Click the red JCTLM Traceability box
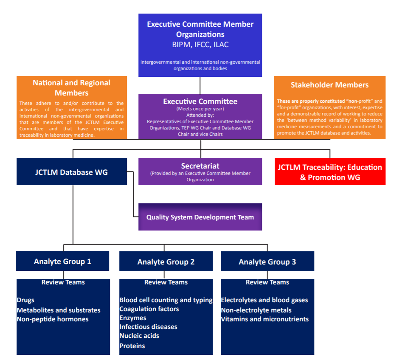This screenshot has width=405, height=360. pyautogui.click(x=330, y=172)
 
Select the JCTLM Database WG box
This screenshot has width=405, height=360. pyautogui.click(x=71, y=172)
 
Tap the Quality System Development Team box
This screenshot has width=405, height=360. pyautogui.click(x=200, y=217)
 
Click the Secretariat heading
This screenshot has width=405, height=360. pyautogui.click(x=200, y=166)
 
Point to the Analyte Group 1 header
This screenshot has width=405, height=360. pyautogui.click(x=62, y=261)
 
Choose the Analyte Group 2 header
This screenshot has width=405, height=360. pyautogui.click(x=166, y=262)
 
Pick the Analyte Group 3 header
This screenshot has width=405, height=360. pyautogui.click(x=267, y=262)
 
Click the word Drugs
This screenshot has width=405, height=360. pyautogui.click(x=26, y=300)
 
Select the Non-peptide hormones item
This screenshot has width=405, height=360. pyautogui.click(x=53, y=319)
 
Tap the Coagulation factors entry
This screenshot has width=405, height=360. pyautogui.click(x=149, y=309)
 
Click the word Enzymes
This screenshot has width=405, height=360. pyautogui.click(x=133, y=318)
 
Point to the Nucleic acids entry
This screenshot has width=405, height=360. pyautogui.click(x=139, y=336)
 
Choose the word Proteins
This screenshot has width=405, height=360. pyautogui.click(x=132, y=346)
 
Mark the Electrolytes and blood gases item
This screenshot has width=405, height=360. pyautogui.click(x=264, y=300)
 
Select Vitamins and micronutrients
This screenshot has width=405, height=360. pyautogui.click(x=265, y=319)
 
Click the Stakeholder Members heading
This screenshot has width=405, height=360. pyautogui.click(x=329, y=85)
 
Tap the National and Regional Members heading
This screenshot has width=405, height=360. pyautogui.click(x=71, y=87)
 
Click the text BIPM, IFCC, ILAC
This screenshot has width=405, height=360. pyautogui.click(x=200, y=44)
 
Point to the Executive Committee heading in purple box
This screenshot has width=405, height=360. pyautogui.click(x=200, y=101)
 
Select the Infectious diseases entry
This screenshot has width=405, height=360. pyautogui.click(x=148, y=327)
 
